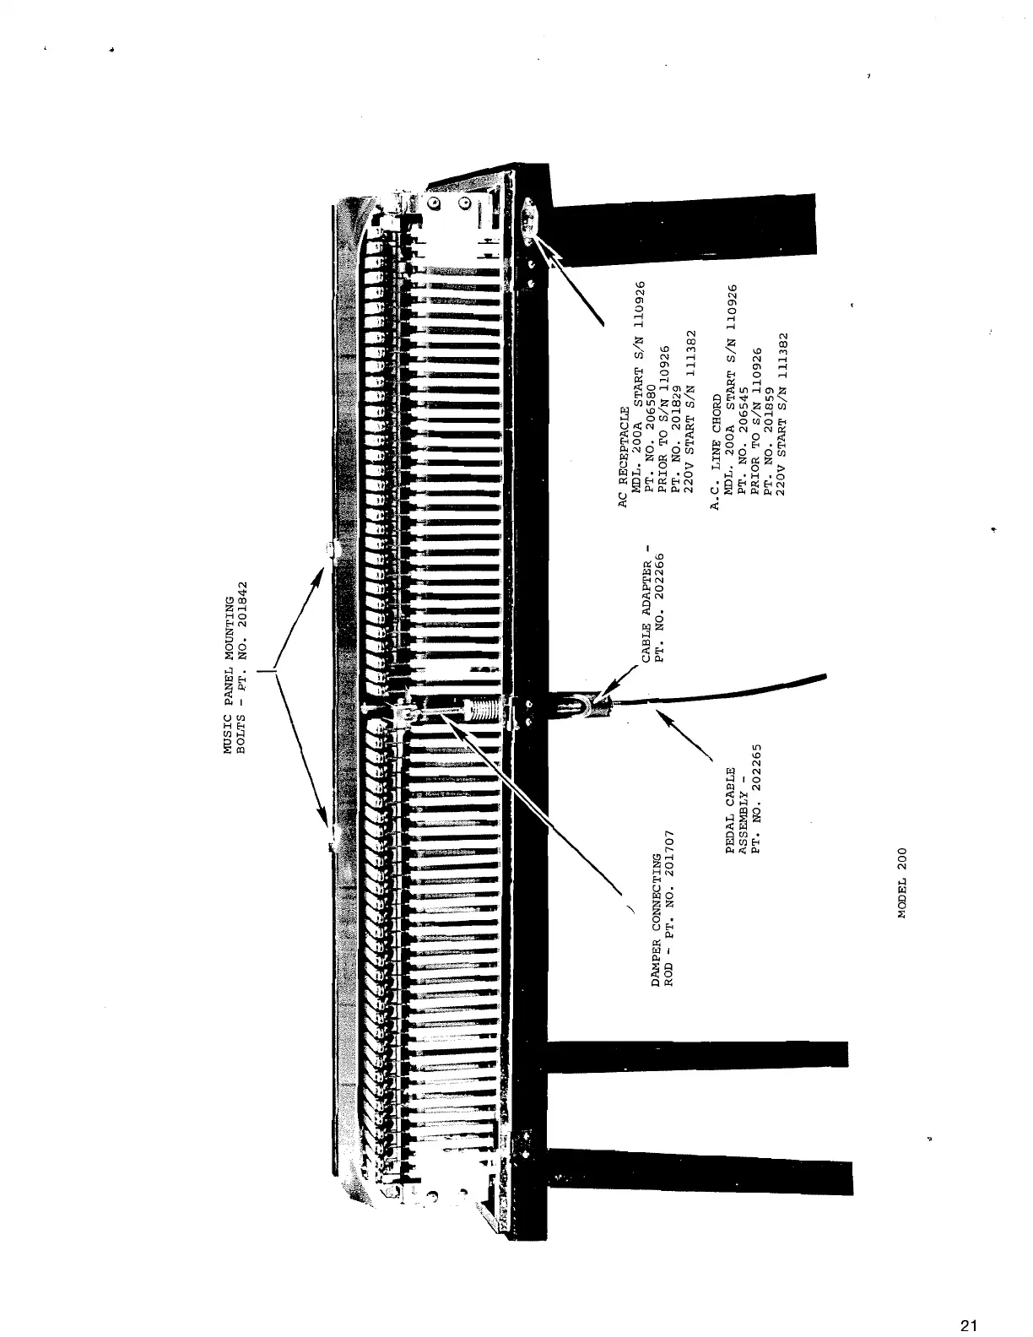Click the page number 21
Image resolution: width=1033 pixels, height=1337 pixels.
tap(968, 1302)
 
